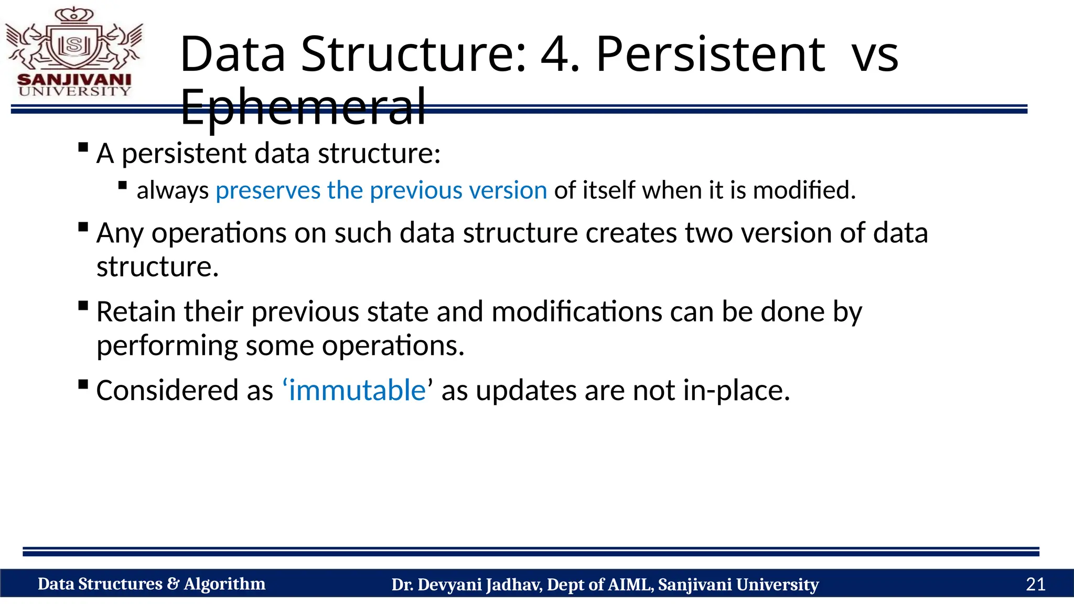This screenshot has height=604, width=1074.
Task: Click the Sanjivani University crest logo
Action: point(74,52)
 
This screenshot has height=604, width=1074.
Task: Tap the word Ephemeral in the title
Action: point(303,107)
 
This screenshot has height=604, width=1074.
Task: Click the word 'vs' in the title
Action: point(875,55)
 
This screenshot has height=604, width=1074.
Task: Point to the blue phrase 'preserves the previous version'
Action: point(381,190)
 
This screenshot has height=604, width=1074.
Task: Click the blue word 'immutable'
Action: point(357,391)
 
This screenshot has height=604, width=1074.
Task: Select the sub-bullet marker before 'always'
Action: point(123,185)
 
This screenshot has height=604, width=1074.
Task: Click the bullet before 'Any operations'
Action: point(83,227)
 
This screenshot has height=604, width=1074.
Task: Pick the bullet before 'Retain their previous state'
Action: point(83,306)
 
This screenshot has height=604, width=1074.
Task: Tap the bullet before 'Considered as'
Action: point(83,384)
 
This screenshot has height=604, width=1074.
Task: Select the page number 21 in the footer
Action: point(1035,584)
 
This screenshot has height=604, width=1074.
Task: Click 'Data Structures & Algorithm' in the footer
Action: point(152,584)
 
